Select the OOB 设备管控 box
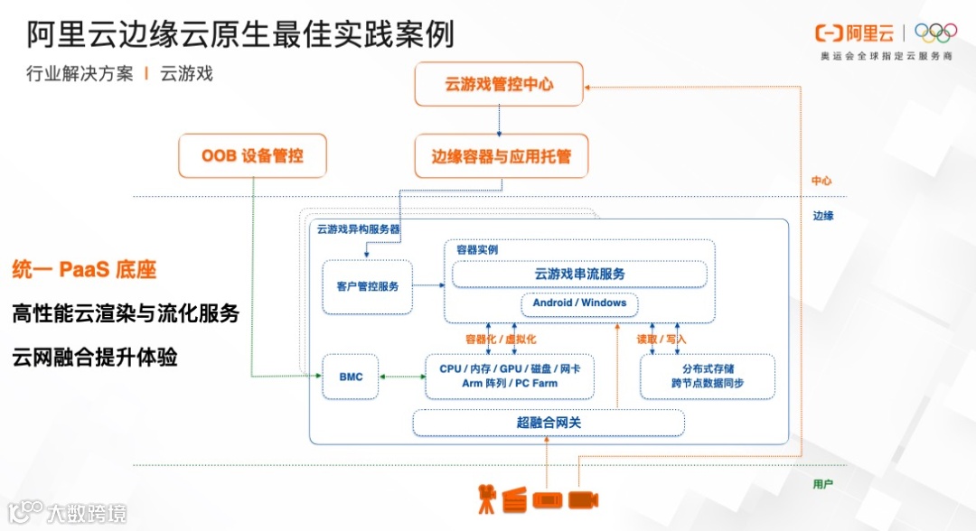(x=252, y=155)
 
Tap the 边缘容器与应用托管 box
(x=499, y=156)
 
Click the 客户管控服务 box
(x=367, y=286)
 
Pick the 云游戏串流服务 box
(x=579, y=274)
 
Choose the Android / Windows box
(x=579, y=303)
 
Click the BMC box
(x=351, y=376)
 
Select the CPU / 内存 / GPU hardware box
(x=510, y=376)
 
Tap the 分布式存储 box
(x=708, y=376)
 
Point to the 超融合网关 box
(x=549, y=423)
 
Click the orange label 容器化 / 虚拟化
(x=501, y=340)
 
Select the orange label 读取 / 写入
(x=662, y=340)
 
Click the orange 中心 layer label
(x=821, y=181)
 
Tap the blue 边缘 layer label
(x=822, y=216)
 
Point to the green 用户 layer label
(x=822, y=484)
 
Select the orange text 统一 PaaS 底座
(x=85, y=269)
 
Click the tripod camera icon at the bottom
(x=488, y=498)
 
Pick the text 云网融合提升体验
(x=95, y=358)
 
